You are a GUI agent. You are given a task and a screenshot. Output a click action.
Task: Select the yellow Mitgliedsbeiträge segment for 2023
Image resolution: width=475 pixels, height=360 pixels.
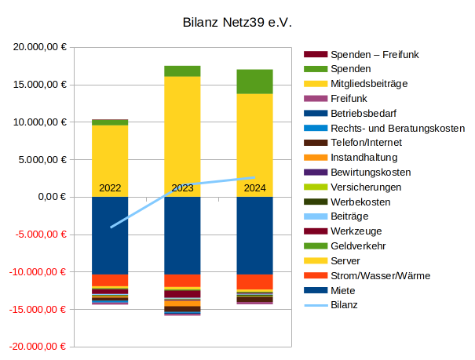click(182, 125)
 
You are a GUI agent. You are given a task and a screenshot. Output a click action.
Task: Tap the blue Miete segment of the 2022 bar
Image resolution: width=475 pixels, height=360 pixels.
click(110, 235)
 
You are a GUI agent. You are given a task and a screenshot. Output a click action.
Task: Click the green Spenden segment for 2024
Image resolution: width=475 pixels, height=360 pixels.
click(254, 81)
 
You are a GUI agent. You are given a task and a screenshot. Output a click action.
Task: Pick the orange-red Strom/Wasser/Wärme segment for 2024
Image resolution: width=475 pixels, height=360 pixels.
click(254, 282)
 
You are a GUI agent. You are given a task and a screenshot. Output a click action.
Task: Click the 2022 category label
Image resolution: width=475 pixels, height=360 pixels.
click(110, 188)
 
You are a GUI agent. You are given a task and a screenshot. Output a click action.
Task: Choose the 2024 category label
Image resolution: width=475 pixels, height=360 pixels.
click(254, 188)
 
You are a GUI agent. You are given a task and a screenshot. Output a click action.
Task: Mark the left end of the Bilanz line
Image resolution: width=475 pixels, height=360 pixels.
click(111, 227)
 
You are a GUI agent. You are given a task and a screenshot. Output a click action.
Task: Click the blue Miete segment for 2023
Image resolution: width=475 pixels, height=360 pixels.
click(182, 235)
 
